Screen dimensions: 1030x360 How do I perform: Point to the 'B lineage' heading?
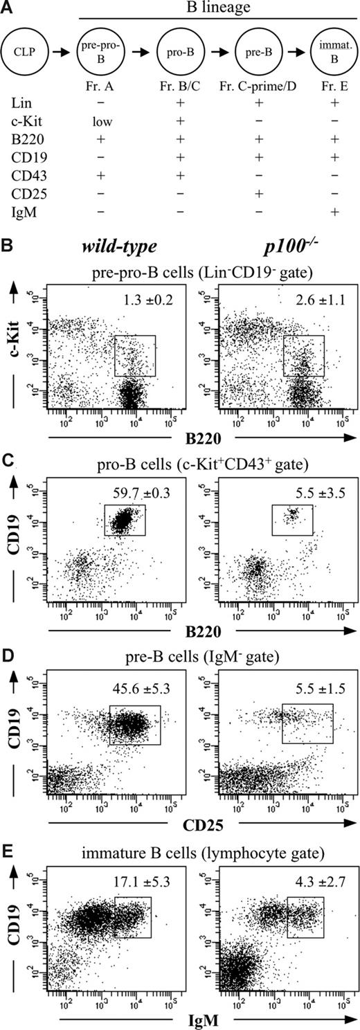(216, 9)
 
